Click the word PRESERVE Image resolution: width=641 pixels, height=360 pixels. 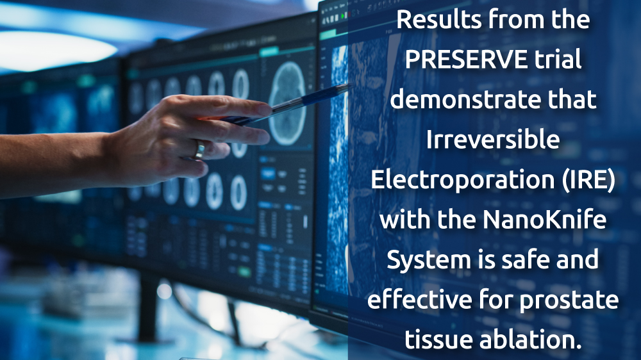466,60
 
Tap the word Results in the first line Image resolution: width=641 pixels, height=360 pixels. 439,20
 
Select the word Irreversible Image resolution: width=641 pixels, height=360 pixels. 493,140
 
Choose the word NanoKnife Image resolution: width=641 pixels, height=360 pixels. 544,219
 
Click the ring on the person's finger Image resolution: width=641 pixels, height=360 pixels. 200,149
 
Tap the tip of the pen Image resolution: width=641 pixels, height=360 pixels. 351,85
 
